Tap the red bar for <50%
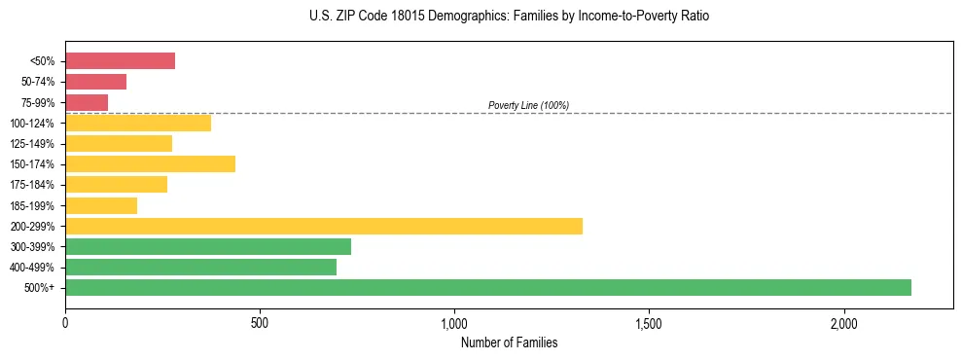click(x=120, y=61)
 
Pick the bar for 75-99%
click(x=87, y=102)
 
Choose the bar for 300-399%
click(x=208, y=246)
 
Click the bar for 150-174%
click(x=150, y=163)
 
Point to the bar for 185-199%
click(x=101, y=205)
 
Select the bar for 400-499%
click(x=200, y=267)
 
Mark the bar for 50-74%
click(x=95, y=82)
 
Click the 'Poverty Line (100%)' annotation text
click(x=528, y=105)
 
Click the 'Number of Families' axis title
click(x=509, y=342)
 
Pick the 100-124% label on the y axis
click(x=32, y=124)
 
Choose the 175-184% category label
click(x=32, y=185)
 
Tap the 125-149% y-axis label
click(x=32, y=144)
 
